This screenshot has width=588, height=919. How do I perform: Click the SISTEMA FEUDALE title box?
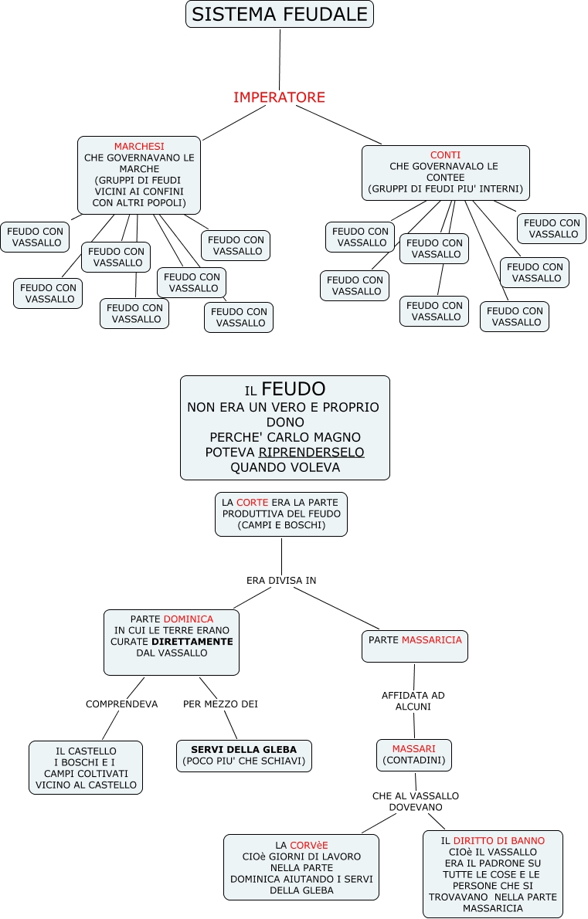point(279,14)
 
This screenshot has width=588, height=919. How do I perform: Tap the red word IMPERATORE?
point(279,97)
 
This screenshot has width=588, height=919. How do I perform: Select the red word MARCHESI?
point(139,147)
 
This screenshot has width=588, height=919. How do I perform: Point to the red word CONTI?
point(445,155)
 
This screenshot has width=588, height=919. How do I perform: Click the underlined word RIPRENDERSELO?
point(311,452)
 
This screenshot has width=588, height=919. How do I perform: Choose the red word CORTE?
point(253,502)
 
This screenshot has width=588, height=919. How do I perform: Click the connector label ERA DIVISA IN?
point(281,580)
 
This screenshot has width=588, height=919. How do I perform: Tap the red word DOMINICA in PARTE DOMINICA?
point(188,619)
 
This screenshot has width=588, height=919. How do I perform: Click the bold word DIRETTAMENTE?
point(192,642)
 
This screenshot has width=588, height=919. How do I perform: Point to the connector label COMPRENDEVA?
point(121,704)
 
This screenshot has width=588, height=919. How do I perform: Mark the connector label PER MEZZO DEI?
point(220,704)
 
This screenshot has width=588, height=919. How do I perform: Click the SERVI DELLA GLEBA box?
point(243,755)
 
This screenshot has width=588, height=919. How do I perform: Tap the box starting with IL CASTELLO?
point(86,767)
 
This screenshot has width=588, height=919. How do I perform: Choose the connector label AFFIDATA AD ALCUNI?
point(413,700)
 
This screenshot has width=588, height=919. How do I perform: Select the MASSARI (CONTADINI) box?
point(413,755)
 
